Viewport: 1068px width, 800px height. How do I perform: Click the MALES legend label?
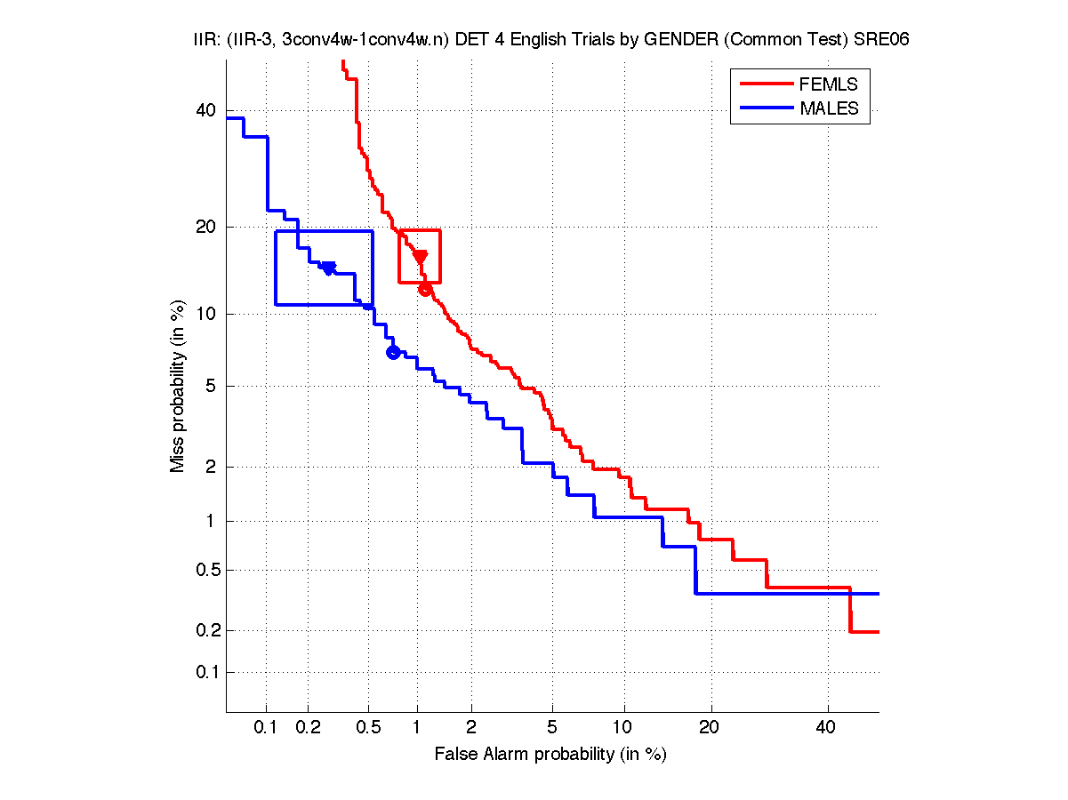(x=830, y=108)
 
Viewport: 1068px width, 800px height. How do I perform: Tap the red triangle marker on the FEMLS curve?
(x=421, y=257)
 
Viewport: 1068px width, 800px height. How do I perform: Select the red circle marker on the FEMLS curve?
(x=425, y=289)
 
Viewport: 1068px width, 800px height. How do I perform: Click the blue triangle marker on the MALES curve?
(x=328, y=268)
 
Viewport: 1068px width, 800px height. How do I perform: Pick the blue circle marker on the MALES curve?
(x=393, y=353)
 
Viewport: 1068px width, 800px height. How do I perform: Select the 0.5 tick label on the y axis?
(x=203, y=570)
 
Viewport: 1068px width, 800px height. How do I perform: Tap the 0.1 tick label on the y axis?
(x=203, y=672)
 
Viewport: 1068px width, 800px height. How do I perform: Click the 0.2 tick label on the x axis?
(x=309, y=728)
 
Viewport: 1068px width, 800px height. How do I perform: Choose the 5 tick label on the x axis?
(x=552, y=728)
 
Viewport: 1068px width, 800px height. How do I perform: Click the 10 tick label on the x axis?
(x=624, y=728)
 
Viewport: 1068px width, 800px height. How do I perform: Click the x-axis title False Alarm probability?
(x=550, y=755)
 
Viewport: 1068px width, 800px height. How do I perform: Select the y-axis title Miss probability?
(x=179, y=386)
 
